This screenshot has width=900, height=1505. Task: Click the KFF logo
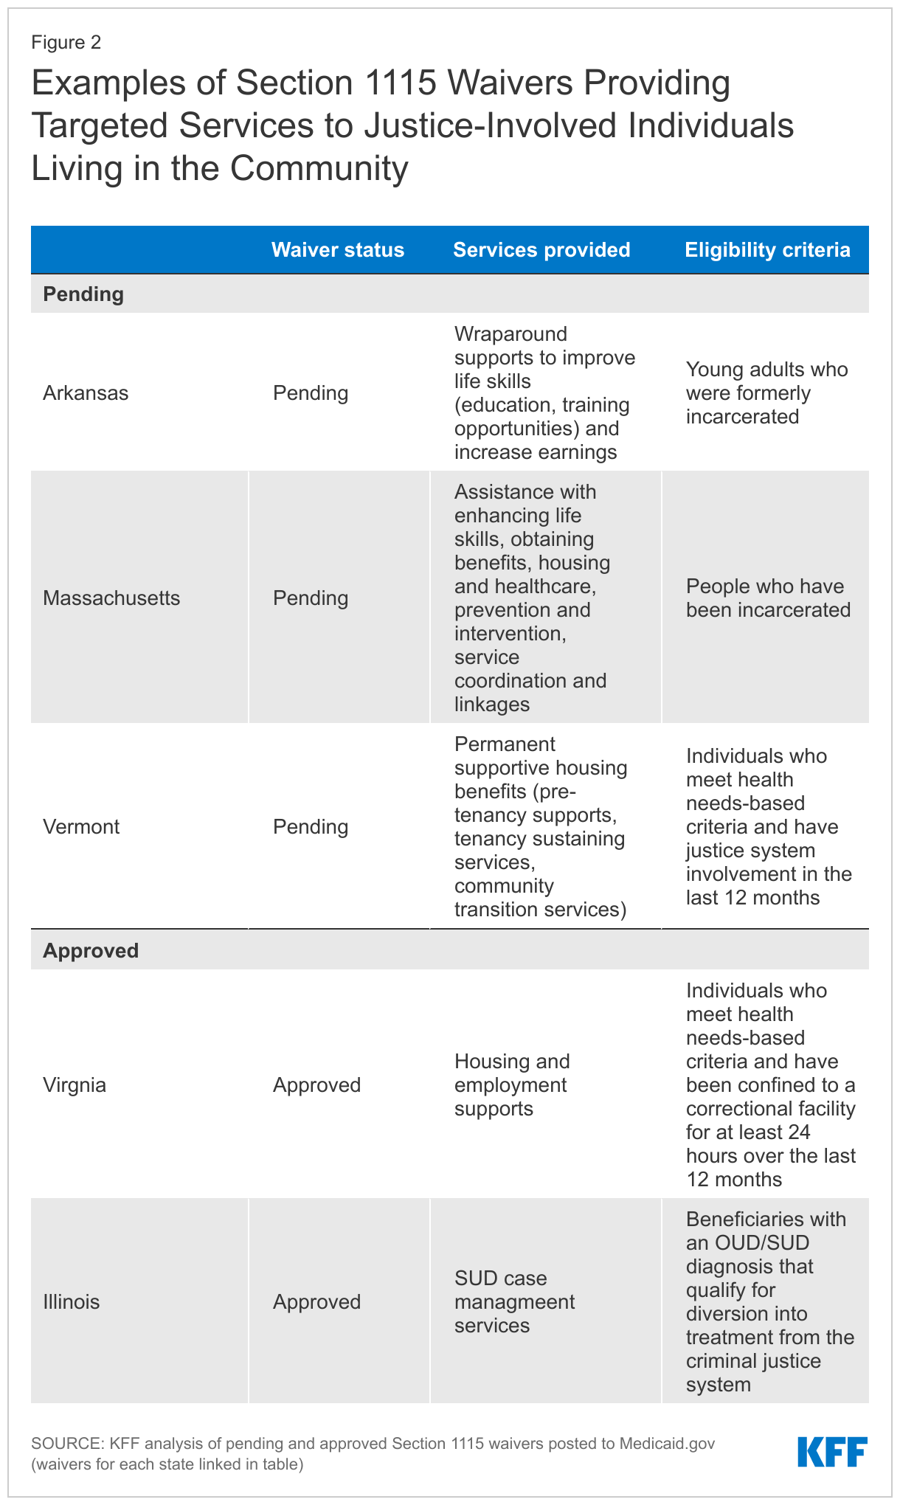coord(832,1451)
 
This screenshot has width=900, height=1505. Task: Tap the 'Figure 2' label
coord(66,43)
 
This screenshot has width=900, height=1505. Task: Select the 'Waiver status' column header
coord(338,250)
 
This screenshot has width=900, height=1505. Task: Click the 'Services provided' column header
coord(541,250)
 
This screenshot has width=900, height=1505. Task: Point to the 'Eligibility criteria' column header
coord(767,250)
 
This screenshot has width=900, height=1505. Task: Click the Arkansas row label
coord(86,392)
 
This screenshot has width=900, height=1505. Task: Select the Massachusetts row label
coord(111,598)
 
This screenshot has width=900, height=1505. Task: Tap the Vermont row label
coord(81,826)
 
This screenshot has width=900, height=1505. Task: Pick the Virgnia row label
coord(75,1084)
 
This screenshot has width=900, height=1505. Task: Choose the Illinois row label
coord(72,1301)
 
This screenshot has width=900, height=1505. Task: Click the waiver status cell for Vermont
coord(311,826)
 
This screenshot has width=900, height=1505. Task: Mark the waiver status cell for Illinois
coord(317,1301)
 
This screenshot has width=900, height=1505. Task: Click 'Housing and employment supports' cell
coord(512,1084)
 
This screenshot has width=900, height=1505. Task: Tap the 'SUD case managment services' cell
coord(514,1301)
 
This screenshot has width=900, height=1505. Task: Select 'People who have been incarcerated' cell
coord(768,598)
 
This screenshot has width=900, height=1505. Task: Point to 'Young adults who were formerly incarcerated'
coord(766,392)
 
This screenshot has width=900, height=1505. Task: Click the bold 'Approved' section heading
coord(91,950)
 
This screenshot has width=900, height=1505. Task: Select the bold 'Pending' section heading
coord(83,294)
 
